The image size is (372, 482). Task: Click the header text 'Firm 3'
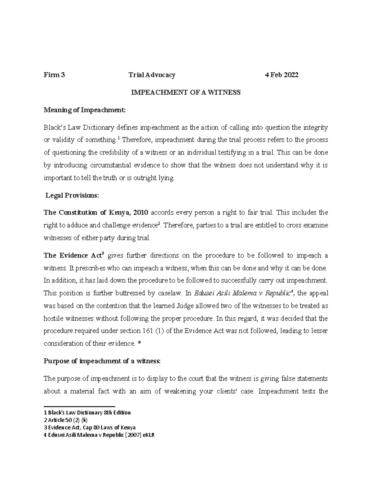click(54, 75)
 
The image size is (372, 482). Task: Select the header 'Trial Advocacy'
click(152, 75)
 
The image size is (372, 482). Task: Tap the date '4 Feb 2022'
click(281, 75)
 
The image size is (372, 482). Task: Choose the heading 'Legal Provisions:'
click(72, 195)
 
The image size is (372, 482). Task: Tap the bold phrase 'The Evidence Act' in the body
click(73, 256)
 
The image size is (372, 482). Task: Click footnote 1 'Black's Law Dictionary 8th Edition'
click(87, 413)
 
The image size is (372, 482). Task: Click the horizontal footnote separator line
click(79, 406)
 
